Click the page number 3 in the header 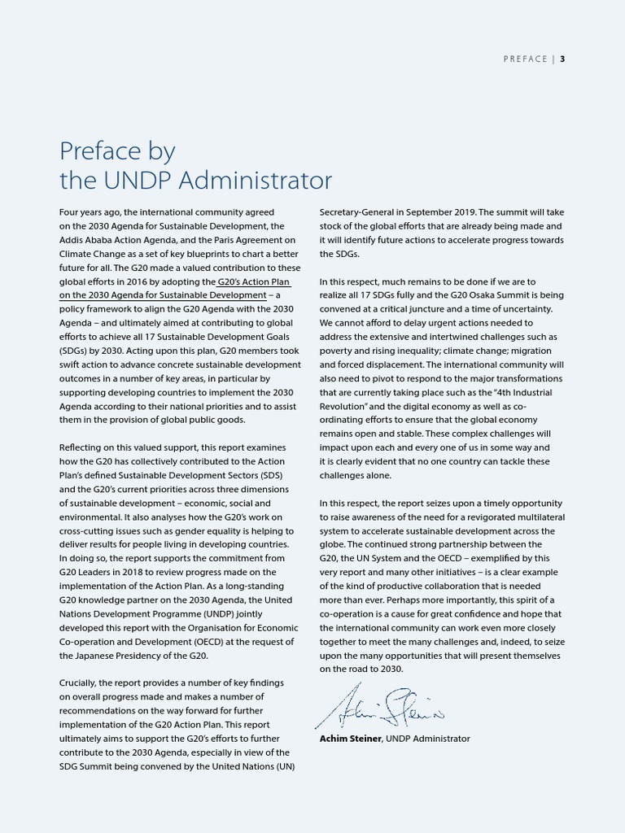pyautogui.click(x=562, y=59)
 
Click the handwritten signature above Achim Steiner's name pyautogui.click(x=379, y=705)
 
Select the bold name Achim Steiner pyautogui.click(x=351, y=739)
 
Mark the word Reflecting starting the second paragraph pyautogui.click(x=83, y=447)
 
